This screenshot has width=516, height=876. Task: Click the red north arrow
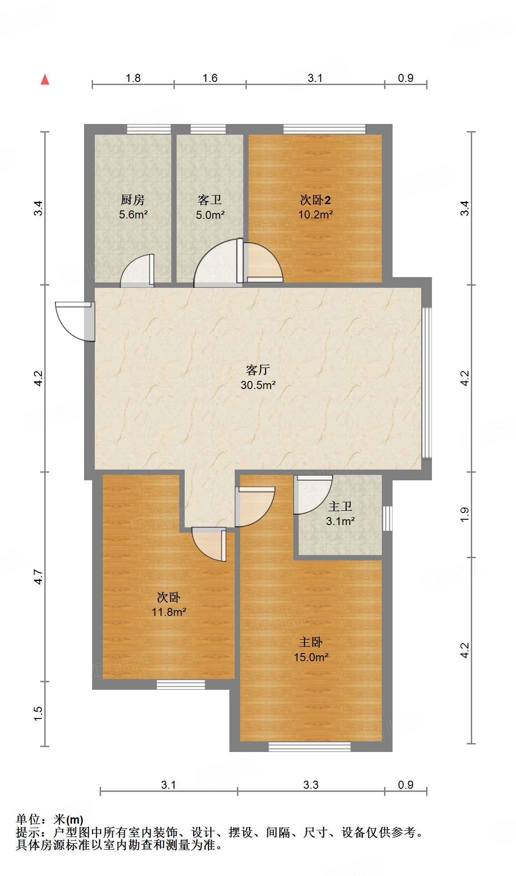[x=45, y=79]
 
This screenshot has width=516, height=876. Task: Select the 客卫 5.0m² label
[x=210, y=207]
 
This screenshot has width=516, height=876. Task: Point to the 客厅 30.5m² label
[x=258, y=377]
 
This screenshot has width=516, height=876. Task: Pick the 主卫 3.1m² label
[x=340, y=513]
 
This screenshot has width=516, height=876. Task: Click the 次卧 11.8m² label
[x=169, y=604]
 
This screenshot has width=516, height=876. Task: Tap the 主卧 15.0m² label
[x=311, y=650]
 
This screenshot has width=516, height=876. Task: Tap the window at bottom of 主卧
[x=309, y=746]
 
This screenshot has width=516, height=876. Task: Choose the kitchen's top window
[x=149, y=129]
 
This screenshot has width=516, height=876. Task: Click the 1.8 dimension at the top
[x=133, y=78]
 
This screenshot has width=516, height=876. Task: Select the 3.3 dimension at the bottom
[x=311, y=785]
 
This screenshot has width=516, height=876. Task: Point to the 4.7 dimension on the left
[x=38, y=577]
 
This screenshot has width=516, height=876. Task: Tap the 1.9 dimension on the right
[x=465, y=514]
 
